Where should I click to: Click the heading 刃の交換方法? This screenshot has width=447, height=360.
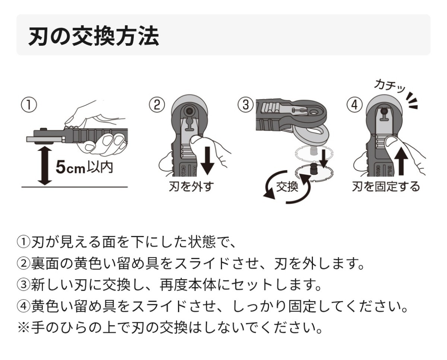[93, 36]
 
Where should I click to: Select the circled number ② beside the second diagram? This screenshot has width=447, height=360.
[157, 105]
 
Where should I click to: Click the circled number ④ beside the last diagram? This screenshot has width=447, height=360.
[354, 105]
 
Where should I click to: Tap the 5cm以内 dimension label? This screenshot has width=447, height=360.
[84, 168]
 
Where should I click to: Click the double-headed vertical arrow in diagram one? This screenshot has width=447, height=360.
[45, 166]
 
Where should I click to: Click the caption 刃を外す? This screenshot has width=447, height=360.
[191, 186]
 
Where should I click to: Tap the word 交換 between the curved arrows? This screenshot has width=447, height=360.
[287, 186]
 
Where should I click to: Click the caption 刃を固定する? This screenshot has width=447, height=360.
[386, 186]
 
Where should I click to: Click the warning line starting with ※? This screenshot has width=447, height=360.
[169, 328]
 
